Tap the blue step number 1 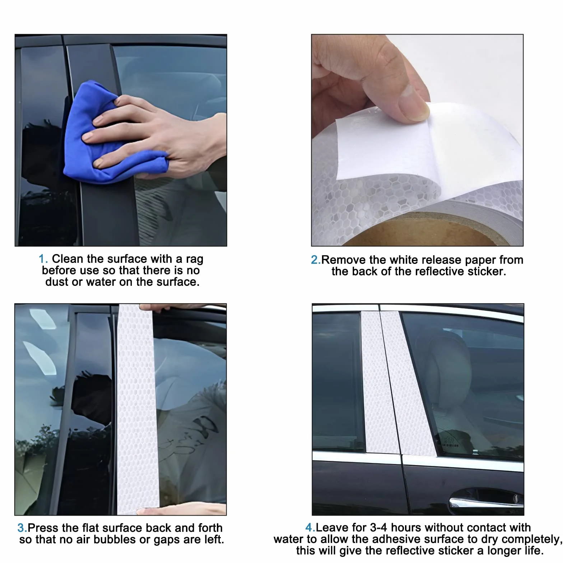43,259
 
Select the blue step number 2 316,260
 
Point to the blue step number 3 22,528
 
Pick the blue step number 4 310,527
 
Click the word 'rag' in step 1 194,260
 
